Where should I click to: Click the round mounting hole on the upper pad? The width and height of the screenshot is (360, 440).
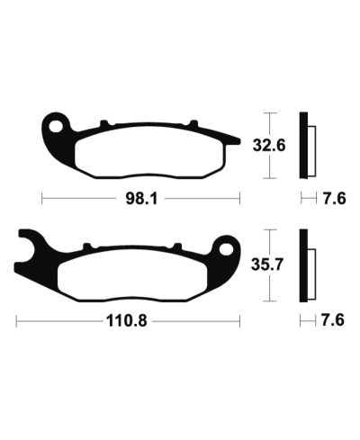58,125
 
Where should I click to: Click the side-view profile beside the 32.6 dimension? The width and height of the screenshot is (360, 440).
307,144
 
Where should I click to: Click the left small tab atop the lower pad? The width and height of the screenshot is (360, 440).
85,245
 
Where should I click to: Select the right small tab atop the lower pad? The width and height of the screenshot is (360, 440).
174,245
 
